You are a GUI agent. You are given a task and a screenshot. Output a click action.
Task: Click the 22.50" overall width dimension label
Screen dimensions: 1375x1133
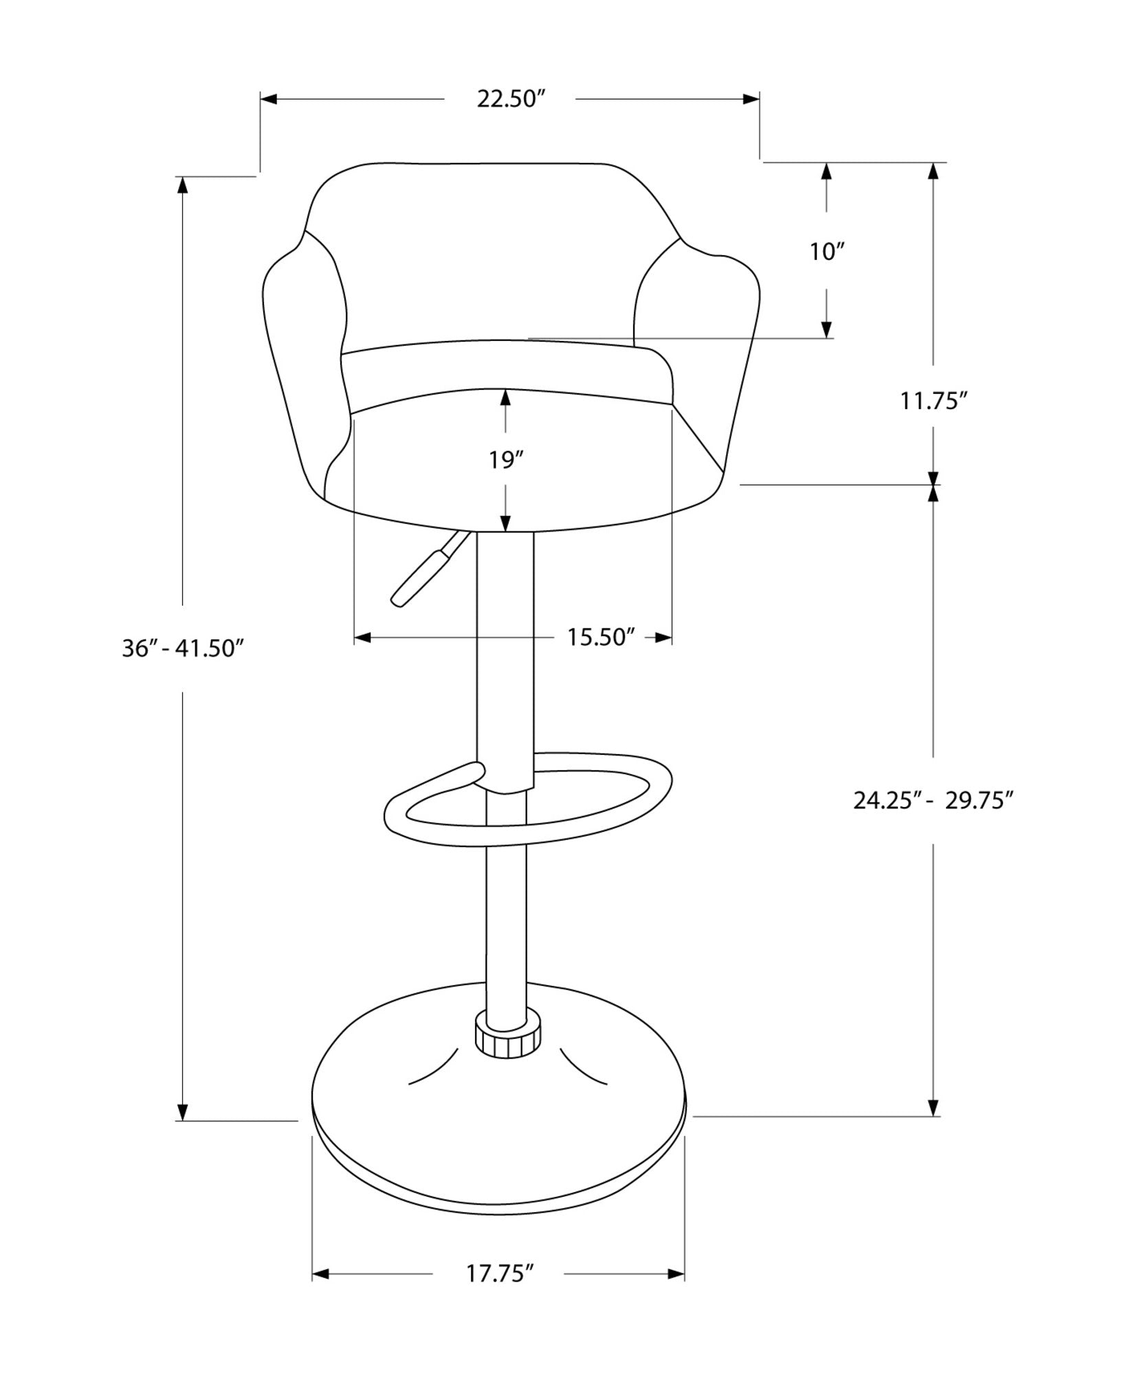(x=510, y=100)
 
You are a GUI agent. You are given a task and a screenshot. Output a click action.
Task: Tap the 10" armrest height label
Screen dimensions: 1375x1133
(x=826, y=252)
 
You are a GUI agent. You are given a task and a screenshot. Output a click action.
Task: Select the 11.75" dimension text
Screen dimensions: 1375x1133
(x=934, y=401)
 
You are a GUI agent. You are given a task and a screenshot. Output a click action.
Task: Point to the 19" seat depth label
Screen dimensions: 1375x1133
(x=506, y=460)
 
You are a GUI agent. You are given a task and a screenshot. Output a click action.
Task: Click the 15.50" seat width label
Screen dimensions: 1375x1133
(x=599, y=637)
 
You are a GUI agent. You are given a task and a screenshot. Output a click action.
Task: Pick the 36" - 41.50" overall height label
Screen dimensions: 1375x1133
(x=183, y=648)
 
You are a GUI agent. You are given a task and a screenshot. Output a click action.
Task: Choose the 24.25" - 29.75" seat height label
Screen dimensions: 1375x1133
(x=934, y=801)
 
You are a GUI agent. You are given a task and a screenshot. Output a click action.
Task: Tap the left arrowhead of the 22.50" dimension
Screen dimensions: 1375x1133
(x=269, y=100)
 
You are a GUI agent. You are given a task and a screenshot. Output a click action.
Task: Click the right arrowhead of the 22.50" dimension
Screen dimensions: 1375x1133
(x=751, y=100)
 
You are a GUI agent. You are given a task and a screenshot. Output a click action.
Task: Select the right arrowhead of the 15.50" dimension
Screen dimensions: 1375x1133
(x=663, y=637)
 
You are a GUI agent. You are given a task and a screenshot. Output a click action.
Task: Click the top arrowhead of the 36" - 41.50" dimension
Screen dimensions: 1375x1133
(x=183, y=186)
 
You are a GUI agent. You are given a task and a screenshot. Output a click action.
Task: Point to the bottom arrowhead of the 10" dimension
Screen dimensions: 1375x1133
(x=826, y=330)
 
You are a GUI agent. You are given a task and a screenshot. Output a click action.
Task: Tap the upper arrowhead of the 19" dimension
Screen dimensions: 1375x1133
(x=506, y=397)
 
